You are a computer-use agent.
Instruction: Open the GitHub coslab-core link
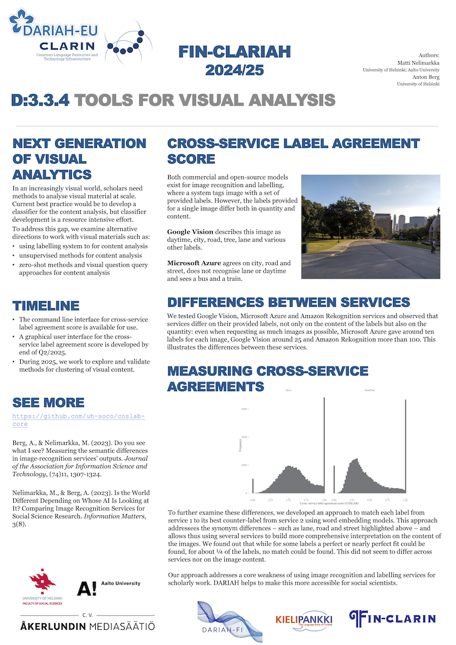tap(79, 420)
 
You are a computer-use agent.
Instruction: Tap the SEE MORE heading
tap(48, 402)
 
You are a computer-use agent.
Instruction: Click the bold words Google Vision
tap(190, 232)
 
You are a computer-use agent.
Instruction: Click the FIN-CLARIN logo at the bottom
tap(392, 619)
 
